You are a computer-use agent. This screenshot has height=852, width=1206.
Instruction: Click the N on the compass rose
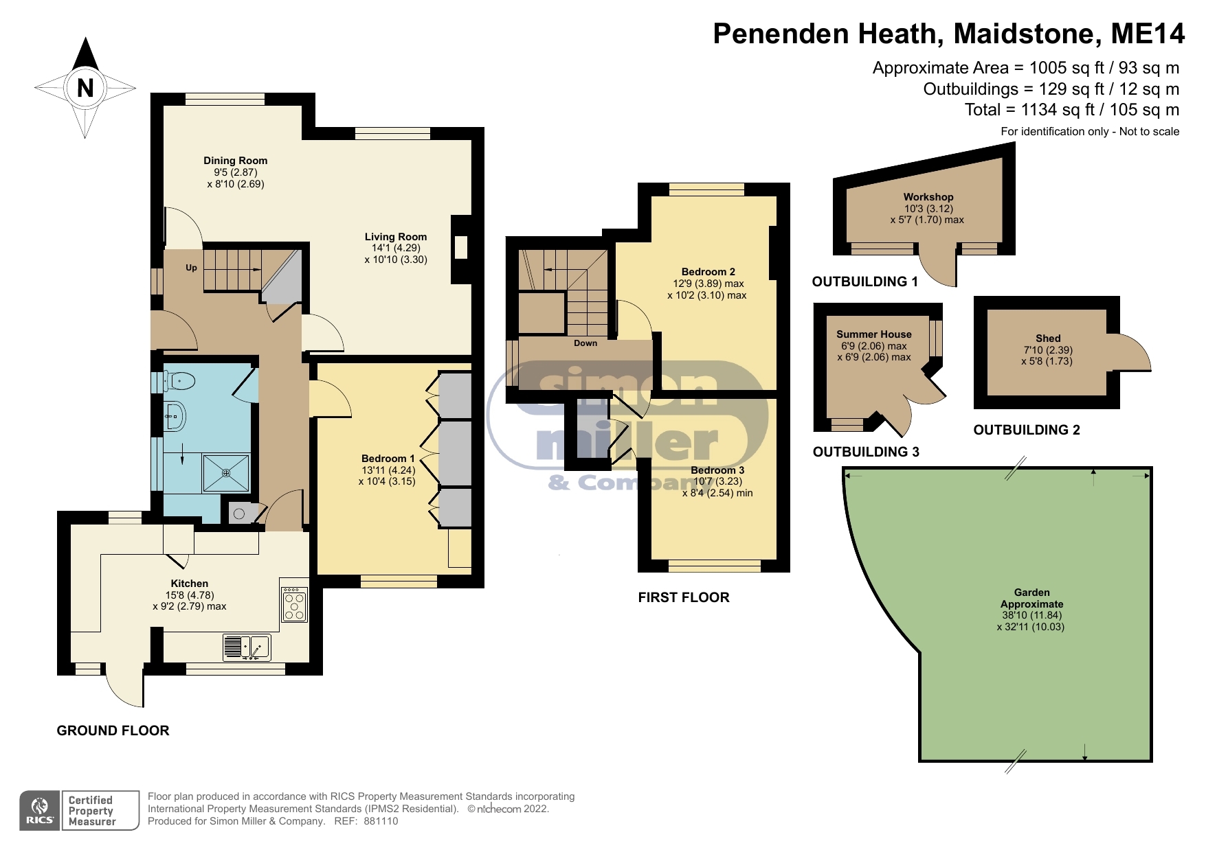pos(85,88)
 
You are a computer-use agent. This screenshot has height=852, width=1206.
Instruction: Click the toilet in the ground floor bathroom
pos(180,380)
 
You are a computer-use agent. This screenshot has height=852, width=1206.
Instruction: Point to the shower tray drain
pos(227,473)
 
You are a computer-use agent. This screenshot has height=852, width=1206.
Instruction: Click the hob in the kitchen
pos(294,604)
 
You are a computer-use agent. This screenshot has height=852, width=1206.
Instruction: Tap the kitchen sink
pos(247,647)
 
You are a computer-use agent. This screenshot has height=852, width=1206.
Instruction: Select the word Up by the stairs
pos(191,268)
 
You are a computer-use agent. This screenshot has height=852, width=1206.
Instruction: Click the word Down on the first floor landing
pos(585,343)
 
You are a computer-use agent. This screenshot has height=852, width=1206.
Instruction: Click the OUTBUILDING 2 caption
pos(1027,430)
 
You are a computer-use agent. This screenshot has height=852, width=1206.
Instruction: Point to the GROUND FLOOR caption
pos(113,730)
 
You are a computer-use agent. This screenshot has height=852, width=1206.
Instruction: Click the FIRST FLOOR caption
pos(684,597)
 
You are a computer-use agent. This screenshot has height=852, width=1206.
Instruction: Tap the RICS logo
pos(40,811)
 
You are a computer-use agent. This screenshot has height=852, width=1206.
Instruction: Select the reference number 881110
pos(381,821)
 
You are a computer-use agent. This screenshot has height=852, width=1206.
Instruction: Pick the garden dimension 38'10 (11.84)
pos(1032,615)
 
